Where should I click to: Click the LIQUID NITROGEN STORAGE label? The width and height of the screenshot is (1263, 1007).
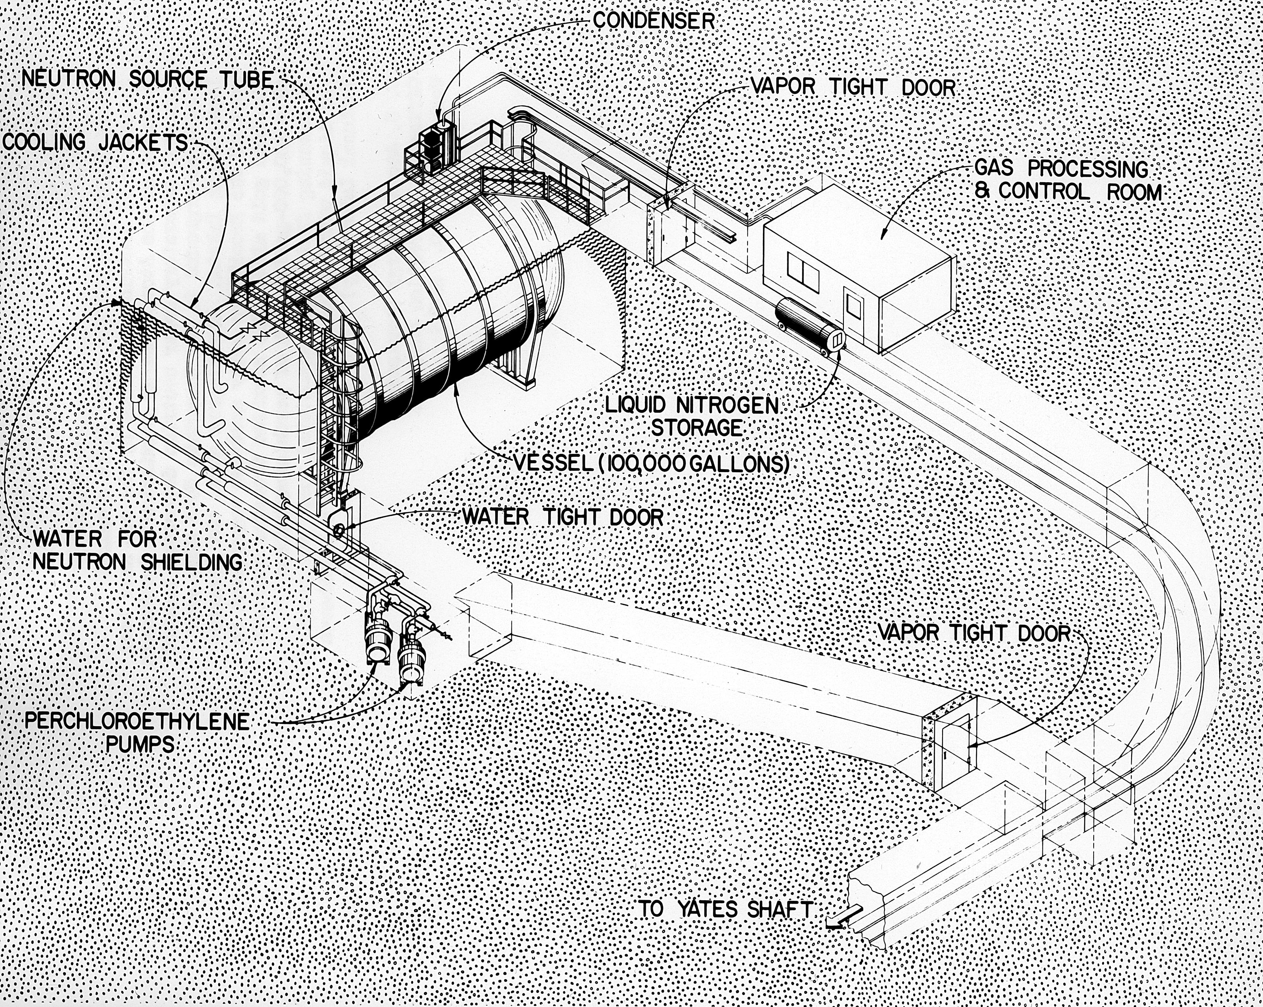pos(692,416)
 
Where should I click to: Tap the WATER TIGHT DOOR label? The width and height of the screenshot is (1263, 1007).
pos(563,516)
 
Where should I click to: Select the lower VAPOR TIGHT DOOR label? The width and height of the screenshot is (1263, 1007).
pos(974,632)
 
